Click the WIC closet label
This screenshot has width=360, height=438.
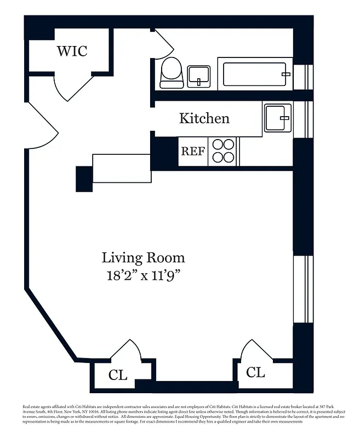pos(72,51)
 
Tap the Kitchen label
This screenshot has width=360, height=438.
pos(204,118)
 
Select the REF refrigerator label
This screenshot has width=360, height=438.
pos(193,152)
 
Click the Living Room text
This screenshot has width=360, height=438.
pos(143,257)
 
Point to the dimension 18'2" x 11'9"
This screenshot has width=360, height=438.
pos(144,275)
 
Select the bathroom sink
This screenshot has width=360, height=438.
pos(198,76)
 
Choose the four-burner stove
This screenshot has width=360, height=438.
pos(223,151)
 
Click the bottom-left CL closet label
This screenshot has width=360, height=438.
pos(117,375)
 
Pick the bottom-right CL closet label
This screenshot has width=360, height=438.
pos(255,372)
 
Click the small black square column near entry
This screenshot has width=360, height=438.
pos(84,178)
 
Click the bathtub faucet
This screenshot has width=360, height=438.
pos(284,73)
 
